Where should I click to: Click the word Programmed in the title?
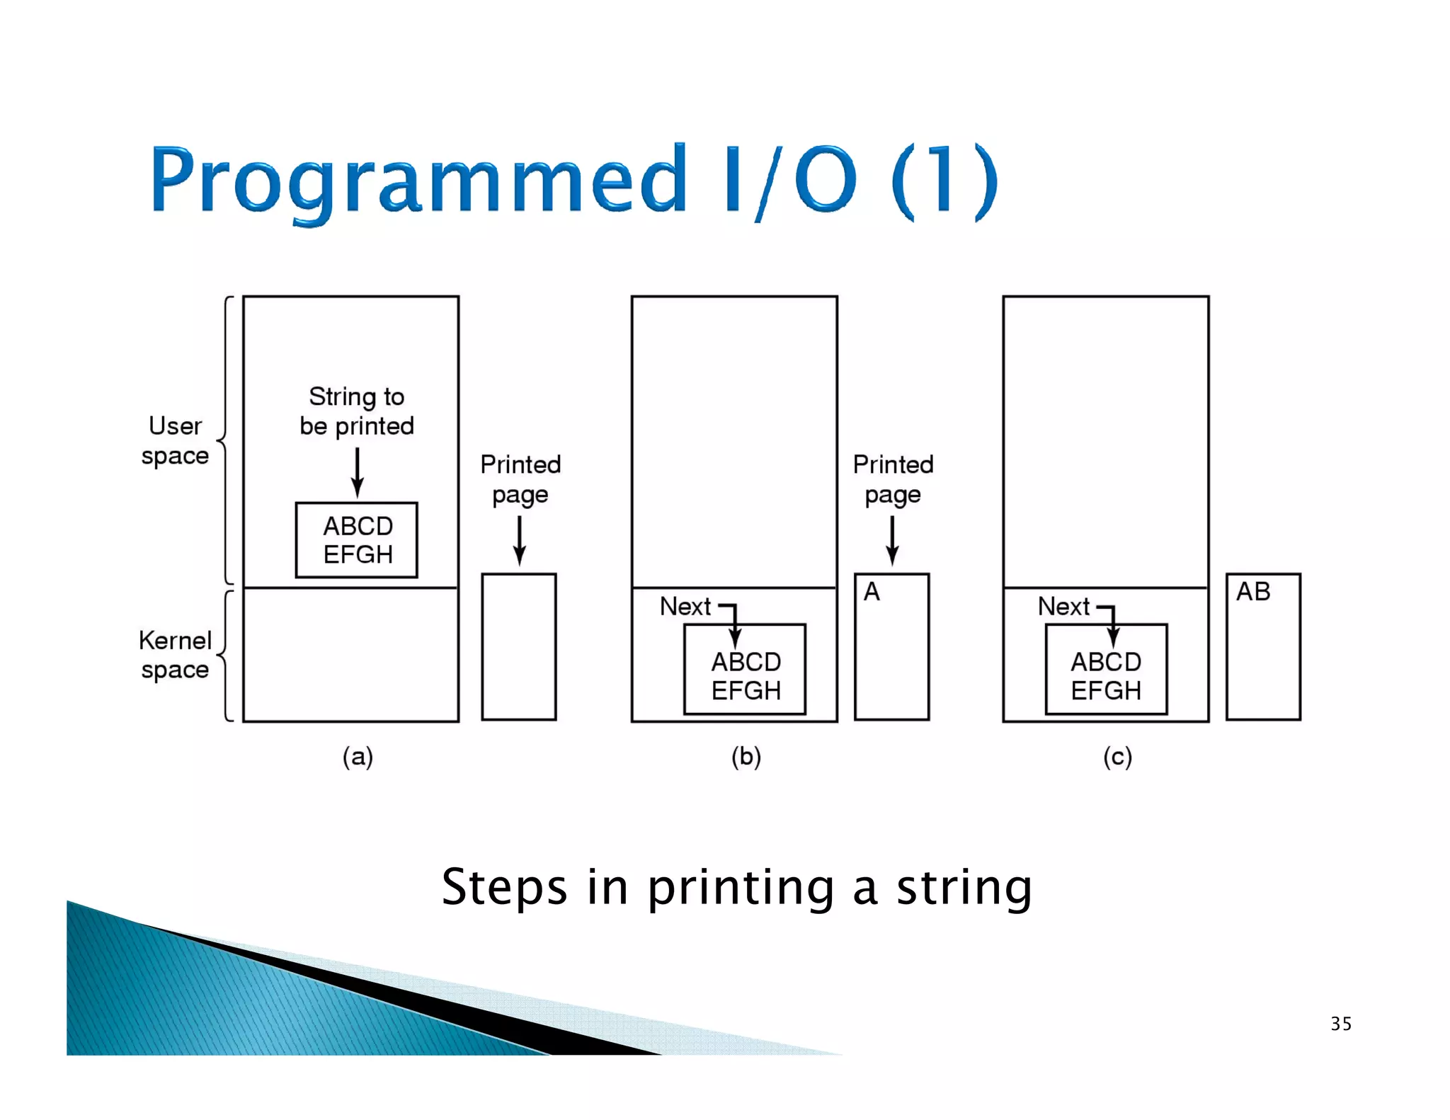point(418,181)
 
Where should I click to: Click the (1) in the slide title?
point(944,181)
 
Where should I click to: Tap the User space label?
point(175,440)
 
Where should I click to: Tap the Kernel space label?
point(175,654)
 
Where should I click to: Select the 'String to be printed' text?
point(357,411)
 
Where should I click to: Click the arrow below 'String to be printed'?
point(357,473)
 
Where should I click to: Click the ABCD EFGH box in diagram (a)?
point(357,540)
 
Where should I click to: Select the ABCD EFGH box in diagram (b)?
point(745,670)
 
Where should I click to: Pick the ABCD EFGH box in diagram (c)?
point(1106,670)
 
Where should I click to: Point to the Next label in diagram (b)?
point(685,607)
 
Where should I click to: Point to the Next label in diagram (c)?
point(1063,607)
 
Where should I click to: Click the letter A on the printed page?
point(872,592)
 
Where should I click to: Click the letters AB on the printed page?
point(1252,592)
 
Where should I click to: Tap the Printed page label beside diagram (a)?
point(520,479)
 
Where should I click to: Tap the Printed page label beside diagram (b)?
point(893,479)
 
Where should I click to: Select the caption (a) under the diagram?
point(358,757)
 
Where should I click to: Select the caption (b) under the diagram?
point(746,757)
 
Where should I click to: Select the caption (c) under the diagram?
point(1117,757)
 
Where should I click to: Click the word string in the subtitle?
point(964,888)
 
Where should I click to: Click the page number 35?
point(1341,1024)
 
